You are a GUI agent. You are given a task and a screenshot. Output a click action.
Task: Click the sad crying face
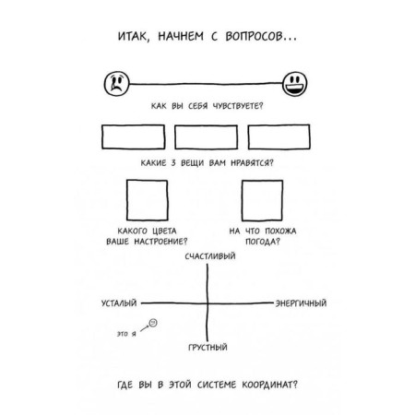[116, 84]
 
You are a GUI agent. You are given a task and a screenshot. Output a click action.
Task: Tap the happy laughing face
[294, 84]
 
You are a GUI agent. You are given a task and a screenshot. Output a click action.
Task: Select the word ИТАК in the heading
[133, 37]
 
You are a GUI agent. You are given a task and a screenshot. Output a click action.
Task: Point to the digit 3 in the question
[173, 163]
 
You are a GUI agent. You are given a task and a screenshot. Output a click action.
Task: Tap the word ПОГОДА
[262, 242]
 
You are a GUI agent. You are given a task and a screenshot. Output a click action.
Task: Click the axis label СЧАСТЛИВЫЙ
[210, 256]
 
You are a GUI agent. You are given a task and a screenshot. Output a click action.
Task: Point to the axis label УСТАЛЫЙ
[119, 303]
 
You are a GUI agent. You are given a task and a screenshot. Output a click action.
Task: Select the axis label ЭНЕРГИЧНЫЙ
[301, 303]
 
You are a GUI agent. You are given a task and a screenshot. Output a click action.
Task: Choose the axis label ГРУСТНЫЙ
[207, 348]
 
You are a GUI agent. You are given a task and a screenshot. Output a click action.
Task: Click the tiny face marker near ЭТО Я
[153, 323]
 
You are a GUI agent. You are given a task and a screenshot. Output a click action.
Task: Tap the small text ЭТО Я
[126, 334]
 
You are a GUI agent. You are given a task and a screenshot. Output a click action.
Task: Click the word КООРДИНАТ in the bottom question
[269, 385]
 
